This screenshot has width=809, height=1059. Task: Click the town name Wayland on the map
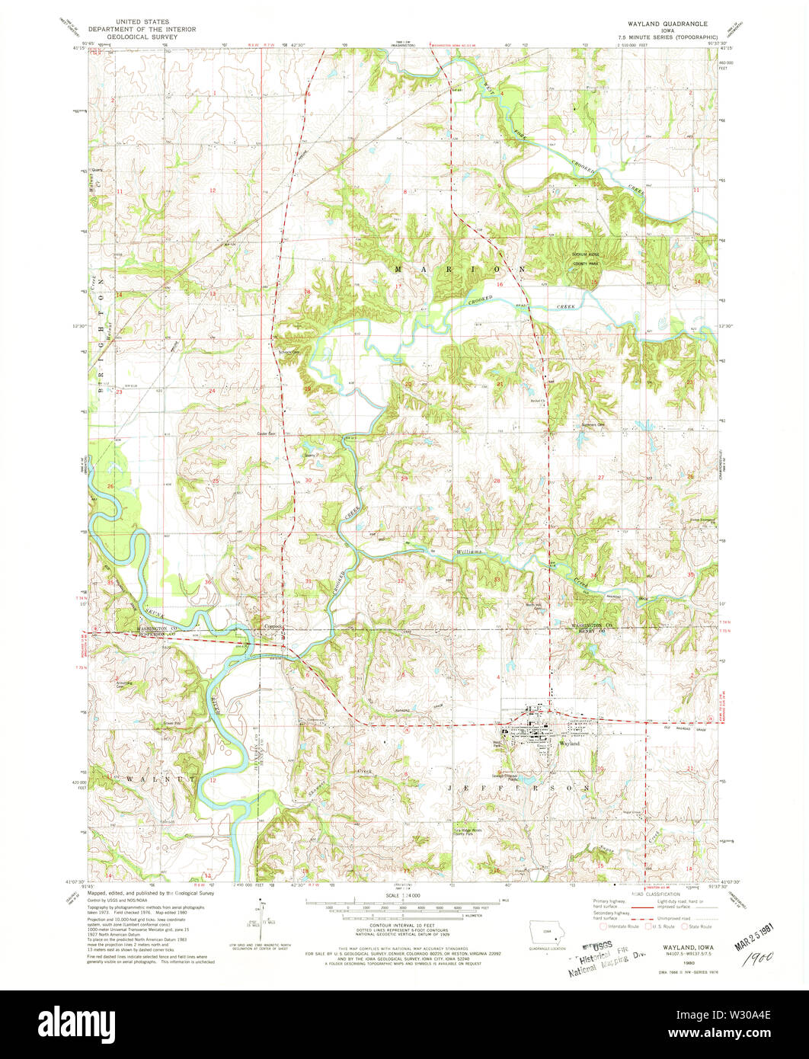click(x=569, y=743)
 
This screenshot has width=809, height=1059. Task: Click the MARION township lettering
click(x=460, y=270)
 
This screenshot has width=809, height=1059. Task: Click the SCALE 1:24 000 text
click(x=404, y=895)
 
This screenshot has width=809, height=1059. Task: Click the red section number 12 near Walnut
click(x=214, y=780)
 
